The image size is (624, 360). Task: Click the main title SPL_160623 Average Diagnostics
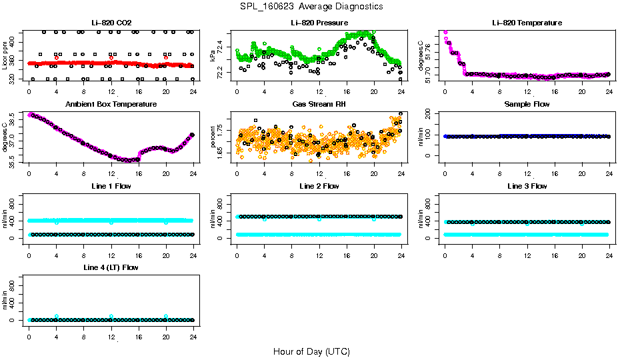(312, 6)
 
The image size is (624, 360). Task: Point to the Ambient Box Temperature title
(111, 105)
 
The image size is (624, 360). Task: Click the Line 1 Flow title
(111, 186)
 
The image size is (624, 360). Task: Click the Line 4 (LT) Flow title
(111, 267)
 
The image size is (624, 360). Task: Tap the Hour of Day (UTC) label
(311, 351)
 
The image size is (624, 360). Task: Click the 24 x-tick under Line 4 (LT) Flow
(193, 330)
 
